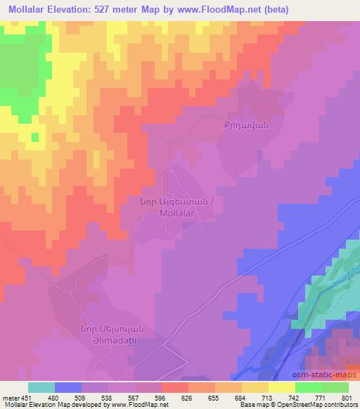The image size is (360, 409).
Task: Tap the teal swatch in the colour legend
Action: (42, 387)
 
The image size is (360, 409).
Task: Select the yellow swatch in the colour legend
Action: (282, 387)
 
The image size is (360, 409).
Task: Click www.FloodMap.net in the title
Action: (219, 9)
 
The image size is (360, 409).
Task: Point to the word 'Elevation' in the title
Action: (72, 9)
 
